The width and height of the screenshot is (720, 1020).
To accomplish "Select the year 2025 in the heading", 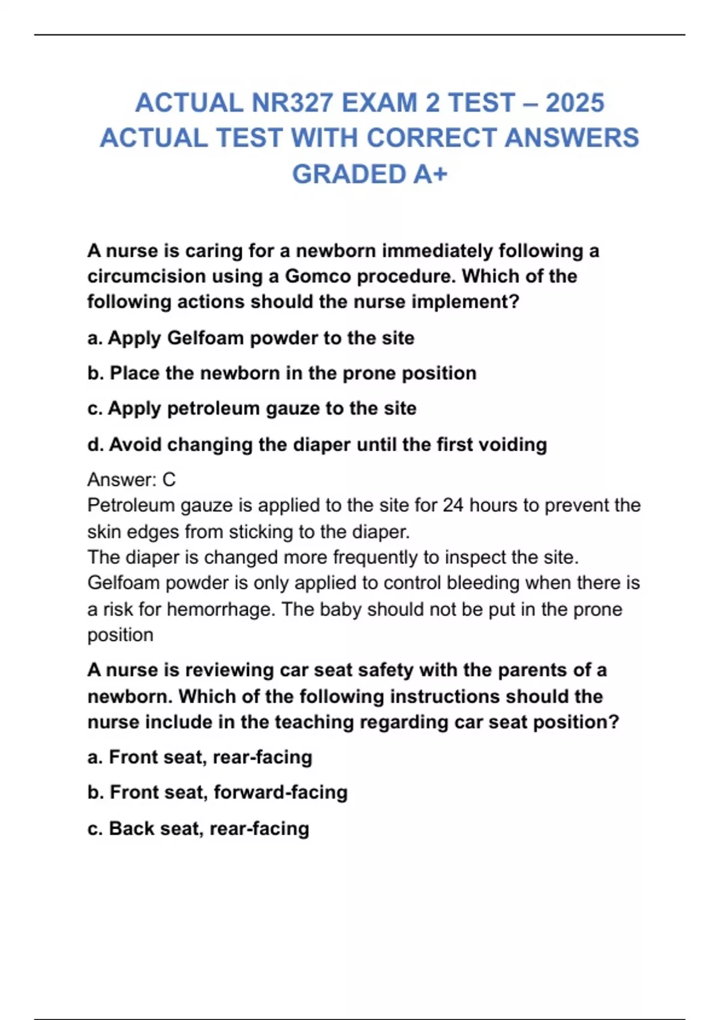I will (574, 103).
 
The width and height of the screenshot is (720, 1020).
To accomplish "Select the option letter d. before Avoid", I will (95, 445).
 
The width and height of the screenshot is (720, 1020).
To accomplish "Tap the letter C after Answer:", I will (169, 479).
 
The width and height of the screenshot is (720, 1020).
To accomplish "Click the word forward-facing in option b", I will (280, 792).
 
